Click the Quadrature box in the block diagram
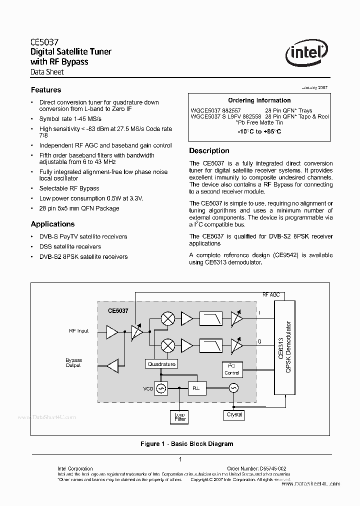click(x=161, y=364)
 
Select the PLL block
click(x=195, y=387)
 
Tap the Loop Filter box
click(x=180, y=417)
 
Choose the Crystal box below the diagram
click(x=234, y=414)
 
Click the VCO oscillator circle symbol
click(x=161, y=387)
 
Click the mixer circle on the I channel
click(x=168, y=318)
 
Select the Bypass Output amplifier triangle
click(x=112, y=364)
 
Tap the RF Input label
click(x=79, y=331)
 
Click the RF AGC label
click(x=271, y=295)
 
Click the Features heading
click(x=46, y=90)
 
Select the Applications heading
click(x=52, y=224)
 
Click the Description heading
click(x=209, y=150)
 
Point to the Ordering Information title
click(x=259, y=100)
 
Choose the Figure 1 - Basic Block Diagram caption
click(x=186, y=443)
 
